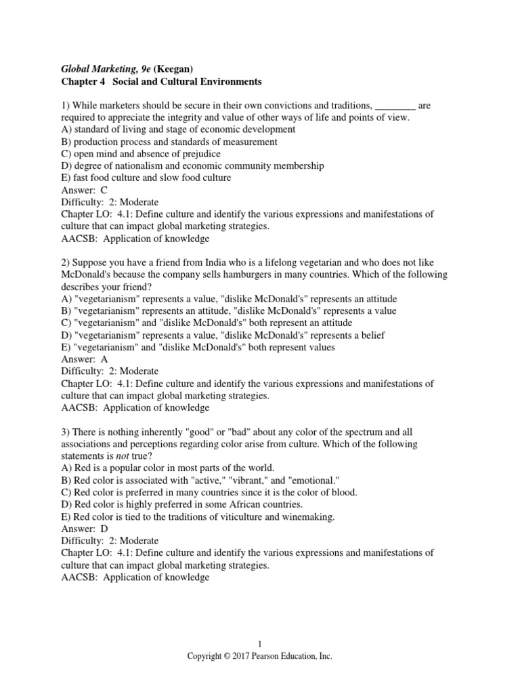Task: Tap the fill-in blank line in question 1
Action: [x=395, y=106]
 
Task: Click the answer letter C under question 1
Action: [x=104, y=190]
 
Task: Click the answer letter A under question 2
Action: [x=104, y=360]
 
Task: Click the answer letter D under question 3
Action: [x=104, y=528]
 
